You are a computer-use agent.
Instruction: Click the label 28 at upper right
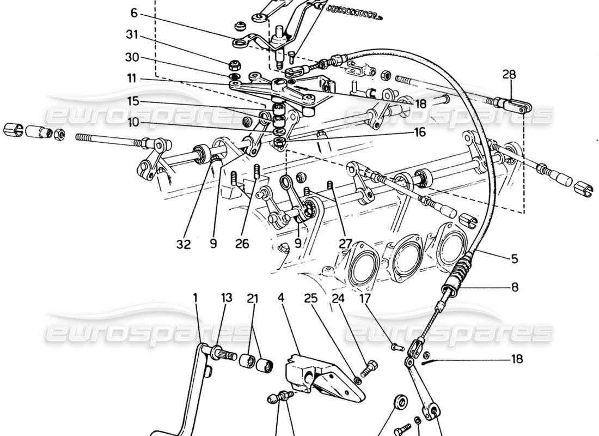(508, 74)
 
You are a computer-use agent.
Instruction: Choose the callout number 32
(184, 245)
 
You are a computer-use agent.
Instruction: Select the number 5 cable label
(514, 260)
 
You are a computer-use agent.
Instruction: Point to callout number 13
(226, 298)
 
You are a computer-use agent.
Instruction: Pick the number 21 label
(252, 298)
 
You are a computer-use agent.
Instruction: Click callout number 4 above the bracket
(281, 298)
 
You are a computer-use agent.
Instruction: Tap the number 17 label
(365, 298)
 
